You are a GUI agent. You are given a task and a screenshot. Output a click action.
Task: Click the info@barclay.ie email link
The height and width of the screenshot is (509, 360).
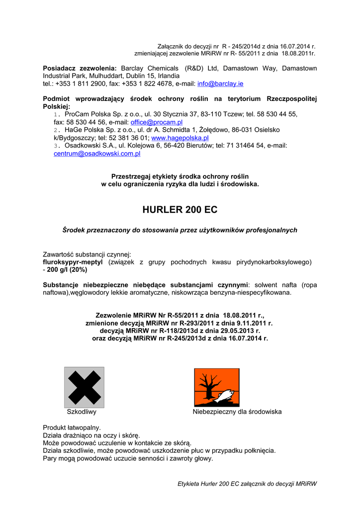pos(220,84)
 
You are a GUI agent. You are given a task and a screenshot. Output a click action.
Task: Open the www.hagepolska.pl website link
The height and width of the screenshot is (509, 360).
pos(180,138)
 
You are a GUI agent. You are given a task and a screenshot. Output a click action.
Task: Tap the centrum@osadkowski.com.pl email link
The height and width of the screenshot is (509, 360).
pos(97,154)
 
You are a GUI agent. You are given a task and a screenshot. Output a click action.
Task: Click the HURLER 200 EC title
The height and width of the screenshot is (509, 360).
pos(180,210)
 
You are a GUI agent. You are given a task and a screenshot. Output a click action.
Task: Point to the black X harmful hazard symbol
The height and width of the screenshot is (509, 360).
pos(84,387)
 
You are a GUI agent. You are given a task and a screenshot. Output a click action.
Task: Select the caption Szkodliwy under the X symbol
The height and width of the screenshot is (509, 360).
pos(82,412)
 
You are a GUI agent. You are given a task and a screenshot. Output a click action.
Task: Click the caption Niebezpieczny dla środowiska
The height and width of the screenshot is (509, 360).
pos(237,412)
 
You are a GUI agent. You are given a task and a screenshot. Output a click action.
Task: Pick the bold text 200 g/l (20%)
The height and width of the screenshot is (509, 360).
pos(67,269)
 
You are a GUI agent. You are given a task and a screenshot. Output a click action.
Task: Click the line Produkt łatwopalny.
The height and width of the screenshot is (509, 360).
pos(72,427)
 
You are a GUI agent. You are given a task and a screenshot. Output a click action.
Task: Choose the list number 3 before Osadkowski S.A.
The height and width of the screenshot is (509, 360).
pos(56,146)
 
